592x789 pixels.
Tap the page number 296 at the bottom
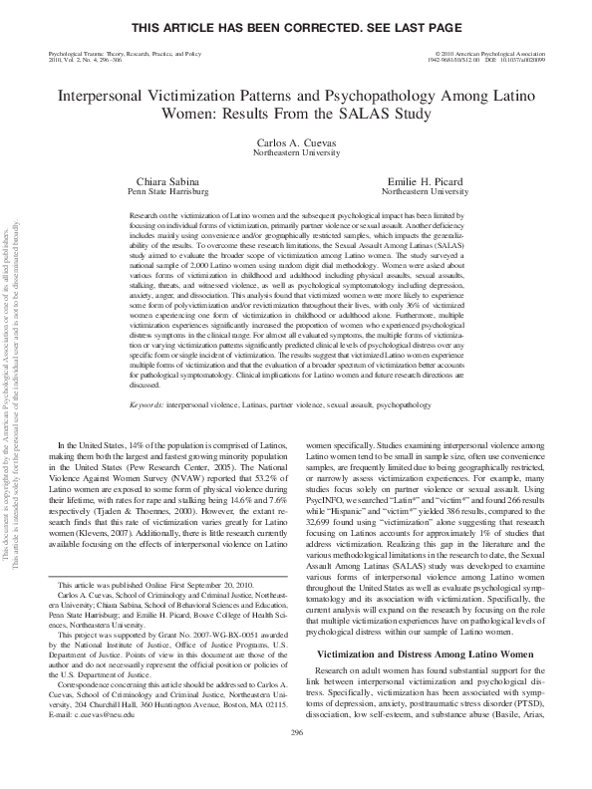tap(295, 759)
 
